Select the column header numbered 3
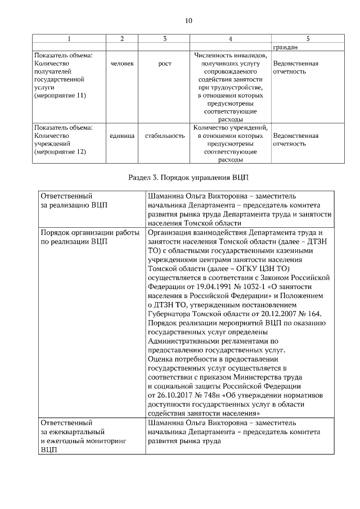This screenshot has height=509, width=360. pos(165,39)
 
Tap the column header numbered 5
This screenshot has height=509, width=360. pos(308,39)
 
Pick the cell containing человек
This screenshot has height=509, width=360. pos(123,64)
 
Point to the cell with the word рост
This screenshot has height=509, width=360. pos(165,64)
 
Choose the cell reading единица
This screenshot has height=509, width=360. pos(123,136)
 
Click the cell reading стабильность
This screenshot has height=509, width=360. pos(165,136)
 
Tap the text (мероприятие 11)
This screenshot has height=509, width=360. pos(60,96)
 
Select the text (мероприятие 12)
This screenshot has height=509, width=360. pos(60,152)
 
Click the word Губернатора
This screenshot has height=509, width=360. pos(174,313)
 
